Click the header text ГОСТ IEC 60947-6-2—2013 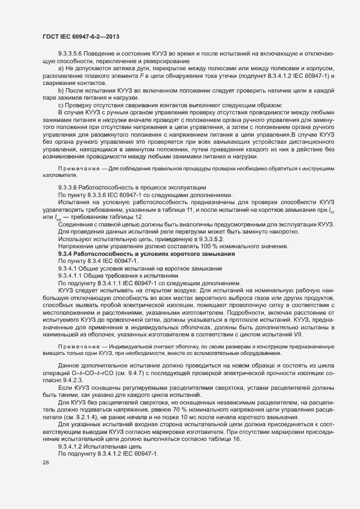(81, 36)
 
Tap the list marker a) (62, 69)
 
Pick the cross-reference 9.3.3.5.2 (207, 239)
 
